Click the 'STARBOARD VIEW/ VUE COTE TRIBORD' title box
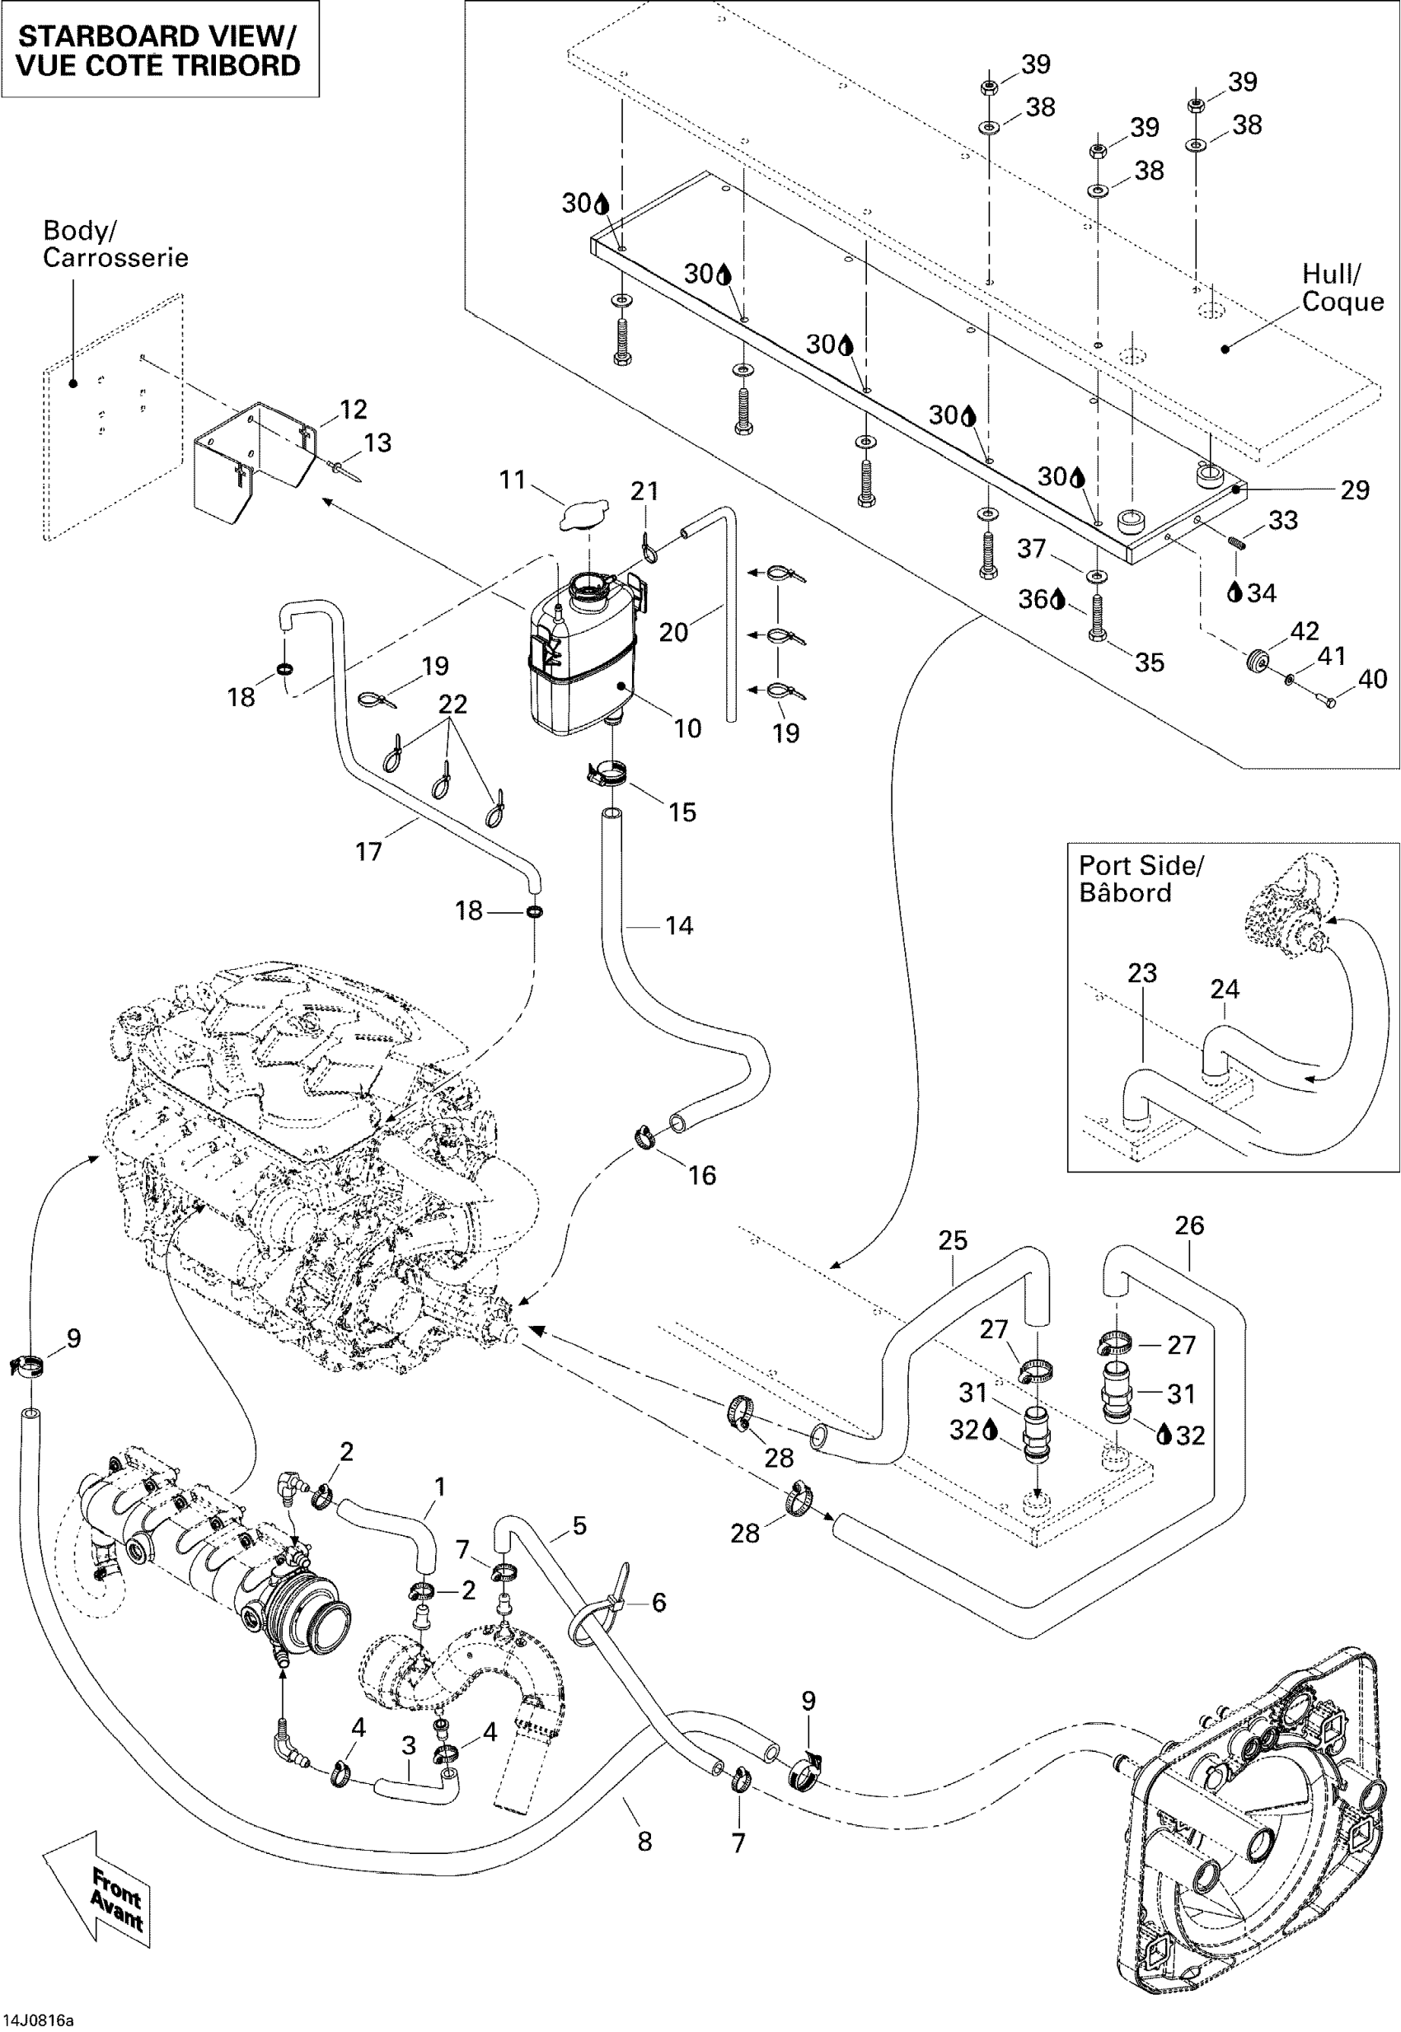coord(159,49)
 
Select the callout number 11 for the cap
coord(512,480)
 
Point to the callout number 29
coord(1355,489)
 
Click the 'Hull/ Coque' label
coord(1342,288)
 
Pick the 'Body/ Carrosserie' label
coord(115,244)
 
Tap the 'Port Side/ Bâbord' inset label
coord(1141,878)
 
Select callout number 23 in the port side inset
coord(1142,972)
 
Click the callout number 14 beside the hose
coord(678,925)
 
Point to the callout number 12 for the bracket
coord(353,409)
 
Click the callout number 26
coord(1188,1225)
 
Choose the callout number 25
coord(953,1240)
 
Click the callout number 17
coord(368,850)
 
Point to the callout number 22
coord(453,704)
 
